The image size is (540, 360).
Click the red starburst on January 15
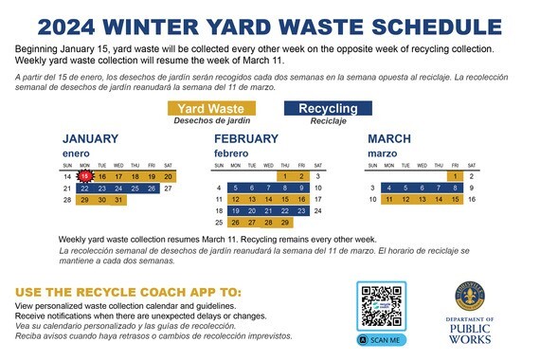pyautogui.click(x=84, y=176)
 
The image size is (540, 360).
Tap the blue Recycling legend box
pyautogui.click(x=328, y=109)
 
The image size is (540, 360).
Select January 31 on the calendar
pyautogui.click(x=117, y=200)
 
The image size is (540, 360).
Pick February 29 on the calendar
pyautogui.click(x=283, y=223)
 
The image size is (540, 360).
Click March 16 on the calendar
pyautogui.click(x=471, y=200)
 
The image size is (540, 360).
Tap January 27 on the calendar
pyautogui.click(x=168, y=189)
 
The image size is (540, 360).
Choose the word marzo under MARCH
pyautogui.click(x=381, y=153)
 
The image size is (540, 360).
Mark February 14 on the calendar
pyautogui.click(x=267, y=200)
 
